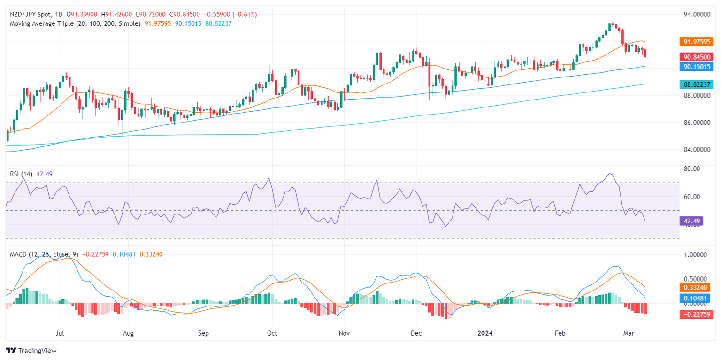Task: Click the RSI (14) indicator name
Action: [21, 174]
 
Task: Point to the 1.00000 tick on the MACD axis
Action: [695, 255]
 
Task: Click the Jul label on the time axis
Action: [60, 333]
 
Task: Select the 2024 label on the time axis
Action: [485, 333]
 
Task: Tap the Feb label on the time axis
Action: [560, 333]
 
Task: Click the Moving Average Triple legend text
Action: [75, 23]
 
